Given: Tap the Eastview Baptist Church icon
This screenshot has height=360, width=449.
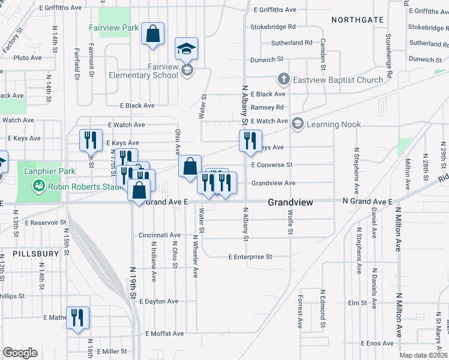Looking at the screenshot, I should click(283, 79).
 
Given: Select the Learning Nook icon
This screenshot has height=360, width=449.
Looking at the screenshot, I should click(297, 124).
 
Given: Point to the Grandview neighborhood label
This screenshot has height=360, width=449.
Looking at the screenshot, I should click(290, 202).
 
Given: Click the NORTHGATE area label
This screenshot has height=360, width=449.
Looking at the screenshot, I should click(358, 20).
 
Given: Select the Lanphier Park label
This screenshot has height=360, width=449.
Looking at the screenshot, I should click(49, 171).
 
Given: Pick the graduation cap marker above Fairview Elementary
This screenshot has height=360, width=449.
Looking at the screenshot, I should click(187, 49).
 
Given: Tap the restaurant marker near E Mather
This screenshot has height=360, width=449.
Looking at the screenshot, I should click(77, 317).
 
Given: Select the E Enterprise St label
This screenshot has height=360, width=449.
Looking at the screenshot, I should click(250, 257).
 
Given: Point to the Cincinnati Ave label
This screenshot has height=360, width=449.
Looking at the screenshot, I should click(160, 235).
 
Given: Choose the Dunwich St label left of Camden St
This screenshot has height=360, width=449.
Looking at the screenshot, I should click(267, 59).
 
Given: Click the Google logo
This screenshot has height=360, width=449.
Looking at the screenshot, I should click(20, 353).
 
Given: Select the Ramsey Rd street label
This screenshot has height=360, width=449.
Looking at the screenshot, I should click(267, 107).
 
